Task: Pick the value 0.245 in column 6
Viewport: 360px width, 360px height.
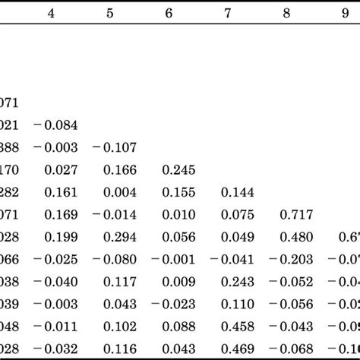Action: pyautogui.click(x=179, y=170)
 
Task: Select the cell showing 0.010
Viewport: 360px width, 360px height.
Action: pyautogui.click(x=179, y=215)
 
